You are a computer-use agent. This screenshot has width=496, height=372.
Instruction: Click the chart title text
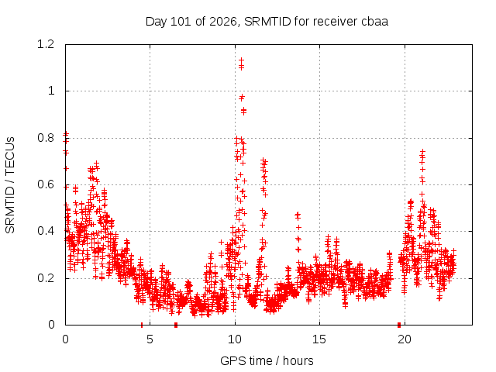[267, 22]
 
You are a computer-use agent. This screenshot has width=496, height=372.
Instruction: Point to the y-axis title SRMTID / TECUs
[10, 185]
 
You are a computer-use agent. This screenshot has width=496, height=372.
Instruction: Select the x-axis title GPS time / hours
[267, 360]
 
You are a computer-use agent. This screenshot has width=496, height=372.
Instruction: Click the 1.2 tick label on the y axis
[46, 44]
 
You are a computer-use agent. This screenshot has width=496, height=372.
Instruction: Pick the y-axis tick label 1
[51, 91]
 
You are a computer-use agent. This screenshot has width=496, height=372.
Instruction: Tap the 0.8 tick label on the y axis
[46, 138]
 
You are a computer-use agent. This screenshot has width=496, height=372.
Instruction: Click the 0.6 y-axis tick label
[46, 184]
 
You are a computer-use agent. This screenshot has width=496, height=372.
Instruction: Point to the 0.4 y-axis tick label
[46, 231]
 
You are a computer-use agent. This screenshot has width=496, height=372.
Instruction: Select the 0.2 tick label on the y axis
[46, 278]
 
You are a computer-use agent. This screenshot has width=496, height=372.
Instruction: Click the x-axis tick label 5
[150, 339]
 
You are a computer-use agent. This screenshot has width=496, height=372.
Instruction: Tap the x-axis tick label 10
[235, 339]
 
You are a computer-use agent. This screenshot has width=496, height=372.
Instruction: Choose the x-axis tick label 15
[319, 339]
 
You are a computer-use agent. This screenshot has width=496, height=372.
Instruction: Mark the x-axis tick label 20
[405, 339]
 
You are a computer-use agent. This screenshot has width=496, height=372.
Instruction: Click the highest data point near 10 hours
[241, 60]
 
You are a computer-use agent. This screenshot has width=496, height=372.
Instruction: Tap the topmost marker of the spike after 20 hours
[422, 152]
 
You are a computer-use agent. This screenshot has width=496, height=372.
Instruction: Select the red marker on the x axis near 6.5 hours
[176, 325]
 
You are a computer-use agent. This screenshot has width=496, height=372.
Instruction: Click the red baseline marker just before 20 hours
[399, 325]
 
